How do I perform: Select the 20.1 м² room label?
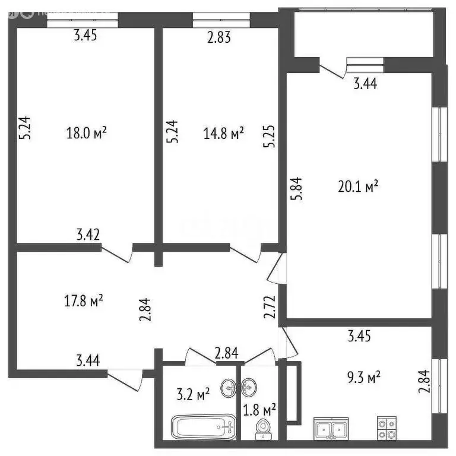point(359,188)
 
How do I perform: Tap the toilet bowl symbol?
point(261,429)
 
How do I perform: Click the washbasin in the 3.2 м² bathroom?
point(229,389)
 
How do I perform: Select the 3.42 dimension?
point(88,233)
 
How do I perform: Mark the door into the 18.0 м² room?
point(118,253)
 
